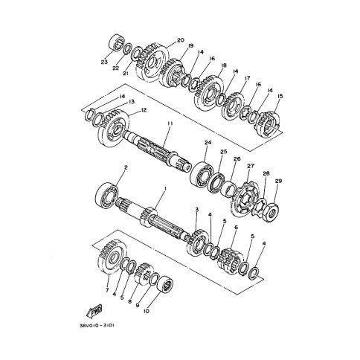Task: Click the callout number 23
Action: coord(104,62)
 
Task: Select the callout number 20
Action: coord(180,40)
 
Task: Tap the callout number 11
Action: coord(170,123)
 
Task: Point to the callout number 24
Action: coord(208,143)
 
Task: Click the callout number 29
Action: coord(278,181)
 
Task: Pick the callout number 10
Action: coord(147,311)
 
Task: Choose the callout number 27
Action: coord(251,166)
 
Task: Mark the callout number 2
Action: coord(126,168)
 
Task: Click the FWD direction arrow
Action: coord(94,310)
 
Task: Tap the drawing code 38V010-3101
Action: coord(97,326)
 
